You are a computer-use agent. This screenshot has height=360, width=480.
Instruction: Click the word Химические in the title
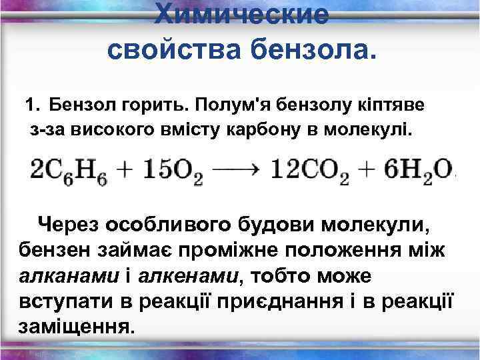[241, 14]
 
